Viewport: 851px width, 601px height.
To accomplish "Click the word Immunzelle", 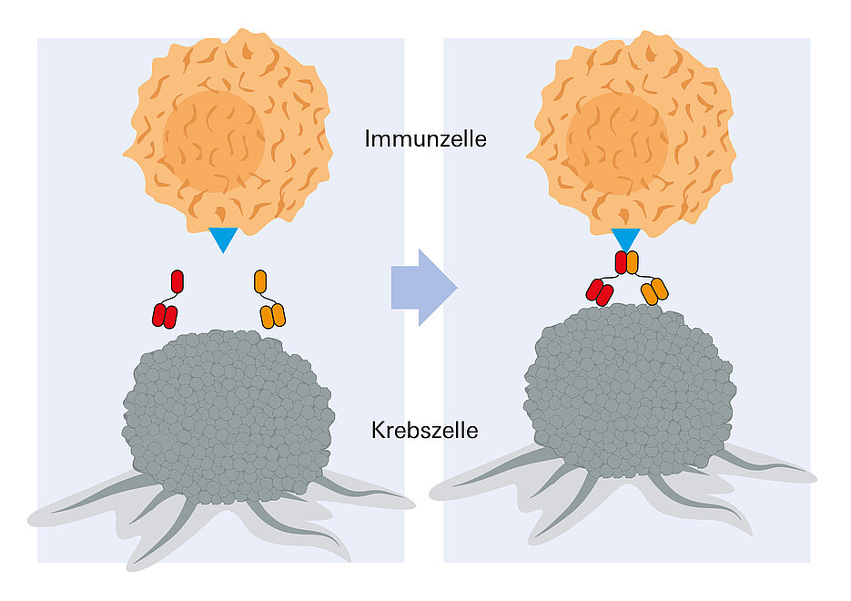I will [x=425, y=139].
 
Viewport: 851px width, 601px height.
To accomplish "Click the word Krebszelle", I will [x=424, y=431].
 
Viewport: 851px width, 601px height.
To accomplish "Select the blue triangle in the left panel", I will [x=223, y=239].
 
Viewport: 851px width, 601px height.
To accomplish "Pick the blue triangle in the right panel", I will [x=625, y=238].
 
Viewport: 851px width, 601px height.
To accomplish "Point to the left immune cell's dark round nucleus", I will [x=214, y=141].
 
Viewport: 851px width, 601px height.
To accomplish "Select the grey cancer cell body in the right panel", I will [x=628, y=392].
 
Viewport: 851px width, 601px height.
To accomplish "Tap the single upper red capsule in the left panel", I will [x=177, y=281].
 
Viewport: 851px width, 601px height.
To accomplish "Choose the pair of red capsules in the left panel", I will [x=164, y=316].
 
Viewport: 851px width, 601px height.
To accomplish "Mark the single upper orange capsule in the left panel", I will [x=260, y=281].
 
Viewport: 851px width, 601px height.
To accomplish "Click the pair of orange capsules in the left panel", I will [x=273, y=315].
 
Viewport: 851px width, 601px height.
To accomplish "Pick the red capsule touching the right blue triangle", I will [x=621, y=262].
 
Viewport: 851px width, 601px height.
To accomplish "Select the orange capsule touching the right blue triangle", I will [x=632, y=262].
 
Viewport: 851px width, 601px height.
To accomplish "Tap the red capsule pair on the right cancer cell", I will [x=599, y=292].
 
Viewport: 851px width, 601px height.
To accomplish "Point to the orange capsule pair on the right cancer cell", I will [x=654, y=291].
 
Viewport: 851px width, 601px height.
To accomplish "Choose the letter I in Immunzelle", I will [x=368, y=139].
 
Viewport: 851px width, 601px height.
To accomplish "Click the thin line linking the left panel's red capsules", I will [x=169, y=298].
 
